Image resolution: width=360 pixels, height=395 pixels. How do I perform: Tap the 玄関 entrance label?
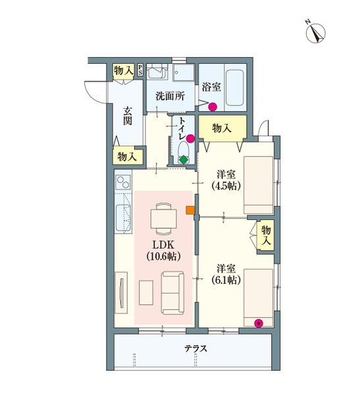(128, 117)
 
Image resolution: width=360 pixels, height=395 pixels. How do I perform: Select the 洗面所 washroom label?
(170, 95)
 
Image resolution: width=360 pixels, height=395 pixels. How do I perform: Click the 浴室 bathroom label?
(211, 87)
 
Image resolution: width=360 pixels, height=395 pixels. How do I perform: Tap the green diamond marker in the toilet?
(184, 159)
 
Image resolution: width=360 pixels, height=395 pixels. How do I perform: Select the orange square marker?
(190, 211)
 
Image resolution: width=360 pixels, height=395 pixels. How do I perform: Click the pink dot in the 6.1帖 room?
(259, 323)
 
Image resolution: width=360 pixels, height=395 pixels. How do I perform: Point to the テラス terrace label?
(195, 349)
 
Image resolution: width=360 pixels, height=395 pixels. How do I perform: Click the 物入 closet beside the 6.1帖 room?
(266, 236)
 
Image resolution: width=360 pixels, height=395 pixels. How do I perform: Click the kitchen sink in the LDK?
(124, 215)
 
